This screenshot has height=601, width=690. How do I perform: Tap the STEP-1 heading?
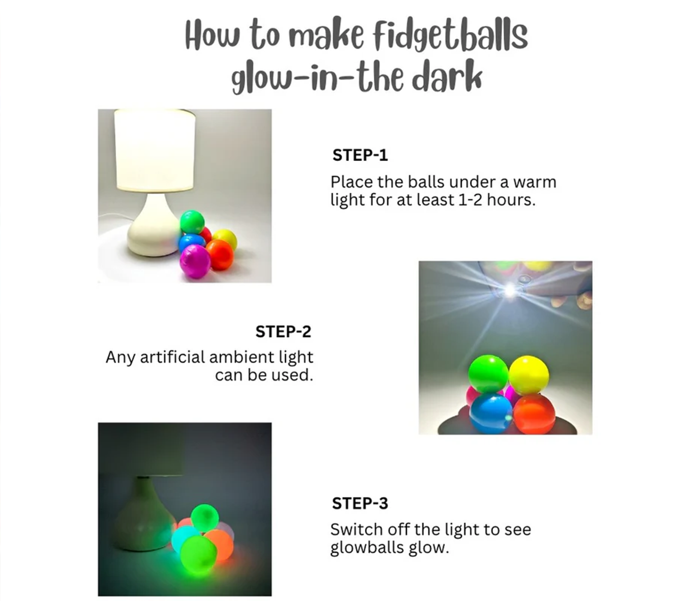tap(360, 155)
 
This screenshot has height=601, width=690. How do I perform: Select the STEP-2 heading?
tap(283, 332)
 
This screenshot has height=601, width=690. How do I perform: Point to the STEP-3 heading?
tap(360, 503)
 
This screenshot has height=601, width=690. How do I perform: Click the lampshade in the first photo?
tap(155, 150)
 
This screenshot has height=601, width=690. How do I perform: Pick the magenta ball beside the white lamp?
tap(195, 261)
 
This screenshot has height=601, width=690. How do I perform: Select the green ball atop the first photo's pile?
tap(192, 222)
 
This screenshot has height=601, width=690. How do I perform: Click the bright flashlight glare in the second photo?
tap(510, 290)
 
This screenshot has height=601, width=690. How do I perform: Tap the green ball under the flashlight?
tap(488, 374)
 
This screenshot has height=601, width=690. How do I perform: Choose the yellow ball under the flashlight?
tap(529, 375)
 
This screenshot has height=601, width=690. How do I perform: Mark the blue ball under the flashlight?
tap(491, 413)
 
